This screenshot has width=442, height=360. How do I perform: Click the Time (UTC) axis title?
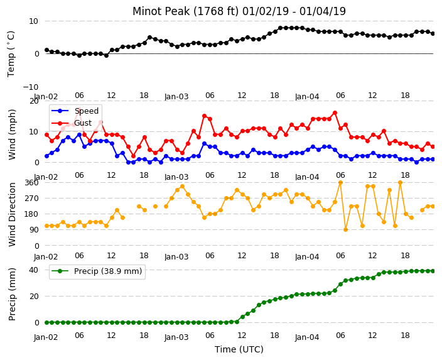click(239, 349)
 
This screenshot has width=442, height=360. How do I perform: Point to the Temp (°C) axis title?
click(11, 54)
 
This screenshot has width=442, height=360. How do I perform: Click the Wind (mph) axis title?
click(12, 134)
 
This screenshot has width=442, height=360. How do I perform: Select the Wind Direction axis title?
click(12, 214)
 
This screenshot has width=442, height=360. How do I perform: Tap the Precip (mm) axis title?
click(12, 294)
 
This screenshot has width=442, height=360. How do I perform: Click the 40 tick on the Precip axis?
click(34, 270)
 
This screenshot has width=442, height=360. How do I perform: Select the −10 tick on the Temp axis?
click(31, 87)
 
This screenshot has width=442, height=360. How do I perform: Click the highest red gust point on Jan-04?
click(335, 113)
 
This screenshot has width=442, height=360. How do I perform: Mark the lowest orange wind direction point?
click(345, 230)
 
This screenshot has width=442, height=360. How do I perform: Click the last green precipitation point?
click(433, 271)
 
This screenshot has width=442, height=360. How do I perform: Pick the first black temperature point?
click(47, 50)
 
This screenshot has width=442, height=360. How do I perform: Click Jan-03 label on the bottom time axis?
click(176, 337)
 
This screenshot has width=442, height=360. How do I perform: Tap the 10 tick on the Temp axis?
click(34, 21)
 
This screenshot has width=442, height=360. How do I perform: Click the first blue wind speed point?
click(47, 156)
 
